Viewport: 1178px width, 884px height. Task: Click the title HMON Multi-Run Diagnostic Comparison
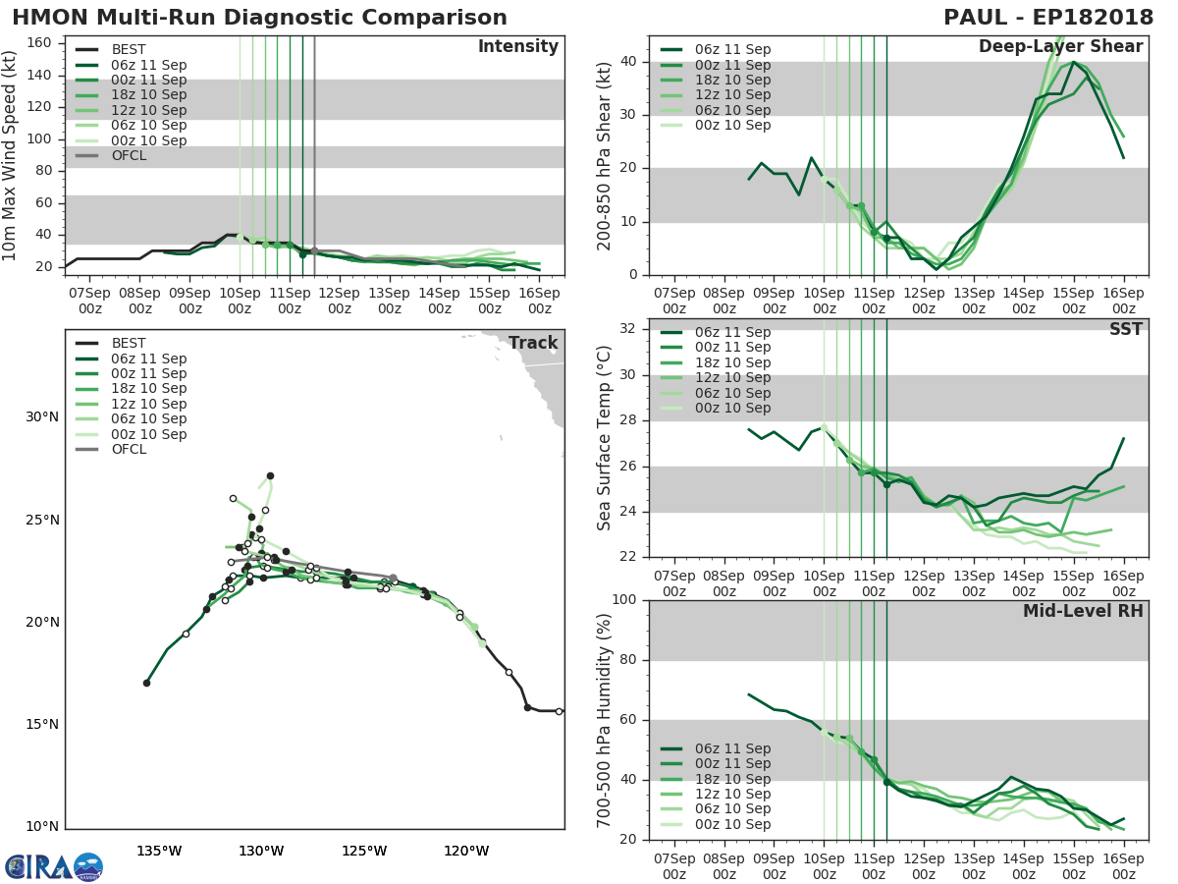(x=260, y=18)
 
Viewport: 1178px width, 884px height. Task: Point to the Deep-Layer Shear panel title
(x=1060, y=47)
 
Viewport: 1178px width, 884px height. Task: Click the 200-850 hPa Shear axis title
(x=606, y=154)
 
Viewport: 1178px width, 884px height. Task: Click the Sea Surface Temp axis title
(x=606, y=438)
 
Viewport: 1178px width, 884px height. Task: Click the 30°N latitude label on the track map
(x=42, y=417)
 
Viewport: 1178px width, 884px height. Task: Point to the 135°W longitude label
(x=158, y=851)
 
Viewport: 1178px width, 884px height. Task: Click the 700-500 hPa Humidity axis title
(x=606, y=719)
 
